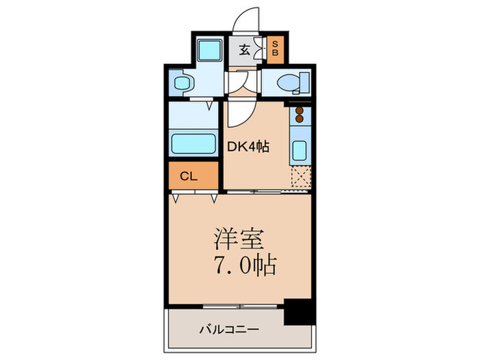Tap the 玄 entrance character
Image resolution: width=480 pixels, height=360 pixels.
[x=245, y=49]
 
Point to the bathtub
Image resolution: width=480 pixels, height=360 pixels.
[x=193, y=144]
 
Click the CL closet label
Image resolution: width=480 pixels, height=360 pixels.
[x=189, y=176]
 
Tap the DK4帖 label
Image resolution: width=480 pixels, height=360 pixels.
[x=248, y=145]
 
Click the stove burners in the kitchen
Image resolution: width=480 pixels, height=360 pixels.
[x=300, y=118]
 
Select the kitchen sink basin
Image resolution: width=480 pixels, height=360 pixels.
[x=299, y=149]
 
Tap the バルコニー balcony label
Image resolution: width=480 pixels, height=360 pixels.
[x=229, y=330]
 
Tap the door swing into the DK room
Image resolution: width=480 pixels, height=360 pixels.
[x=240, y=112]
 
